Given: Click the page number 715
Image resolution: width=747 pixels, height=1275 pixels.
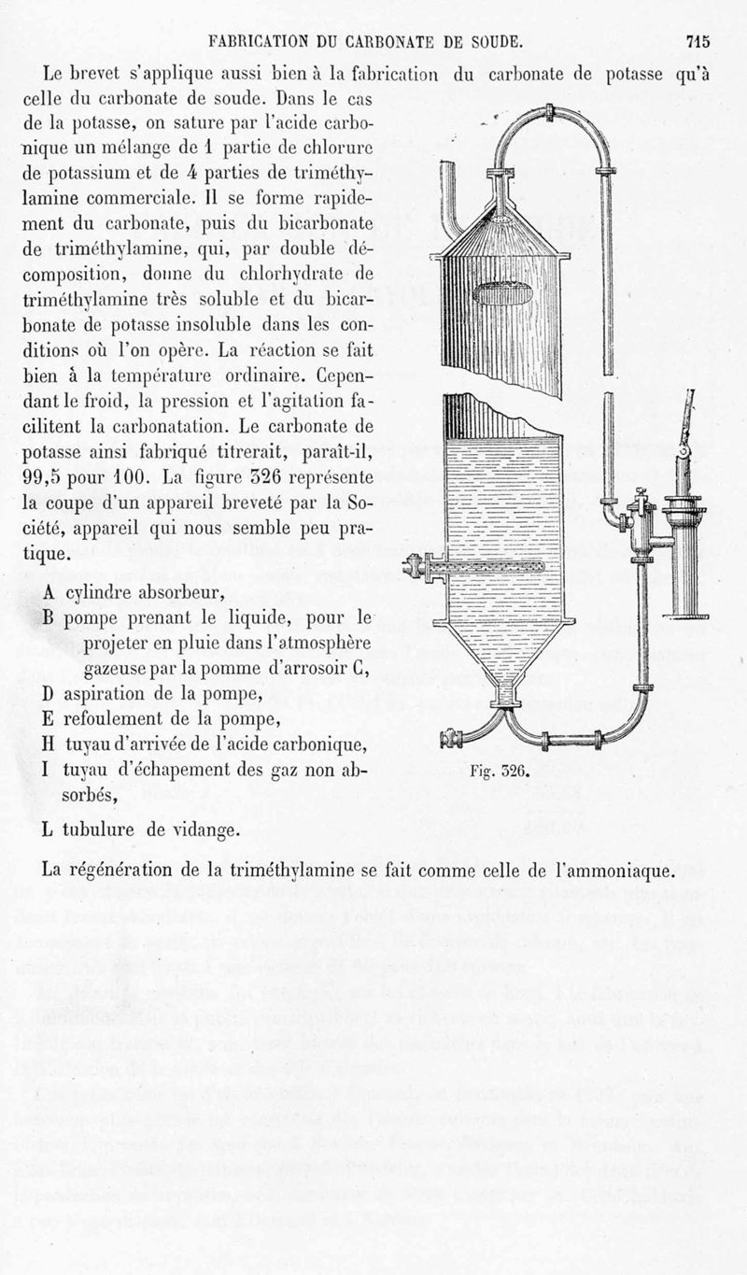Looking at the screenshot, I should [x=698, y=41].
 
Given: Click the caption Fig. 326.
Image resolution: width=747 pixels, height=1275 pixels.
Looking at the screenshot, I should [x=498, y=772].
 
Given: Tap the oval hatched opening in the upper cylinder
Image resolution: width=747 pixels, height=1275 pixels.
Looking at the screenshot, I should [x=502, y=293].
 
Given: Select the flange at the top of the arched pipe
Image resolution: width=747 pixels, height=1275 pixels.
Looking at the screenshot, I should [x=550, y=113].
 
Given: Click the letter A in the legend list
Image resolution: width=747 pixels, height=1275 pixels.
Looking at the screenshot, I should [x=49, y=592].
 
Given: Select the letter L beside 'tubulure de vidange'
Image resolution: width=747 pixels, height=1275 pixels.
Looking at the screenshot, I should [x=48, y=829].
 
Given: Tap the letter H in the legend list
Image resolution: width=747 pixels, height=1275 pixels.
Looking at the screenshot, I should [x=49, y=744].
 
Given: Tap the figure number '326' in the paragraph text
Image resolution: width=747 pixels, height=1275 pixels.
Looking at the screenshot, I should [x=249, y=477].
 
